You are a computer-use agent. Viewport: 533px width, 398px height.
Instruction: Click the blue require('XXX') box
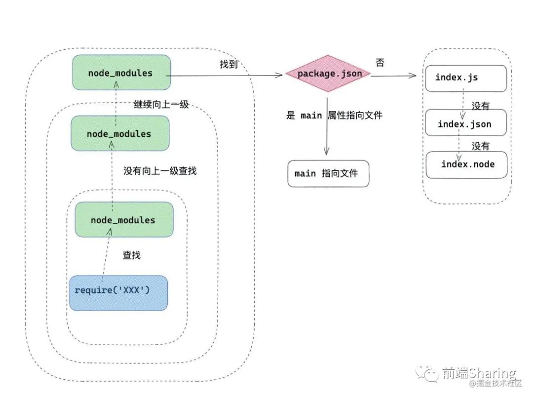(x=118, y=293)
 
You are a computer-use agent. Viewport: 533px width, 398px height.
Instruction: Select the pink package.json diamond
(x=328, y=74)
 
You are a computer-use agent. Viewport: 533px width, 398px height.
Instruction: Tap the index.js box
(x=466, y=78)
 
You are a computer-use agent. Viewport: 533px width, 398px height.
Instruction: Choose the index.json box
(x=466, y=122)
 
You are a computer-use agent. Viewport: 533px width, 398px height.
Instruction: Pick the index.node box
(x=466, y=164)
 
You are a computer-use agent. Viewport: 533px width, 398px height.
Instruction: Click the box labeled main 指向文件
(x=328, y=173)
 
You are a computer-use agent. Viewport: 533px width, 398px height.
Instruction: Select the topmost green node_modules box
(x=121, y=73)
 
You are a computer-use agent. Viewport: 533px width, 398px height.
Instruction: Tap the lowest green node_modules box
(x=124, y=219)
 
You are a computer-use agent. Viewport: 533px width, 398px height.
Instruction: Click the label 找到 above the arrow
(x=228, y=64)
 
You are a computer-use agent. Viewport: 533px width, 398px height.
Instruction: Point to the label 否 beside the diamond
(x=380, y=63)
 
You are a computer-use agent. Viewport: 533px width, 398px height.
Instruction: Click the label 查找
(x=132, y=255)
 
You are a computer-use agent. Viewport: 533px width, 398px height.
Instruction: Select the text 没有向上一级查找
(x=160, y=171)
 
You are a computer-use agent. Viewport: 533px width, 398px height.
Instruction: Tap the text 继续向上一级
(x=161, y=104)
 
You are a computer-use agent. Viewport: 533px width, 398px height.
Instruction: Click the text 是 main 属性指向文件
(x=334, y=116)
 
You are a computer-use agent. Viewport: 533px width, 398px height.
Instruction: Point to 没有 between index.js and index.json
(x=480, y=106)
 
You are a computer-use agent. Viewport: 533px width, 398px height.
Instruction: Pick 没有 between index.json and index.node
(x=480, y=146)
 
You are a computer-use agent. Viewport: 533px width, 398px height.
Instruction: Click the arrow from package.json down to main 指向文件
(x=327, y=126)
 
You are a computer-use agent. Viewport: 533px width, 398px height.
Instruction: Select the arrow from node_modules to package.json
(x=225, y=76)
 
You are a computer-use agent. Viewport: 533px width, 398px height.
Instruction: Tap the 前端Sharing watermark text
(x=479, y=373)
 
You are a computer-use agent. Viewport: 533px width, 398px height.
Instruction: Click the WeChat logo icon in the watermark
(x=427, y=373)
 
